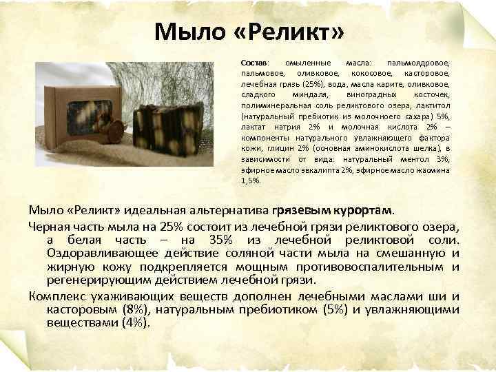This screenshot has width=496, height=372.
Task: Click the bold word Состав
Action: coord(256,61)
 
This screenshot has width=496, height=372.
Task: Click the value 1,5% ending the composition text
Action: coord(251,180)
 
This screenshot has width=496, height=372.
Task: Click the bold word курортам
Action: coord(364,209)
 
